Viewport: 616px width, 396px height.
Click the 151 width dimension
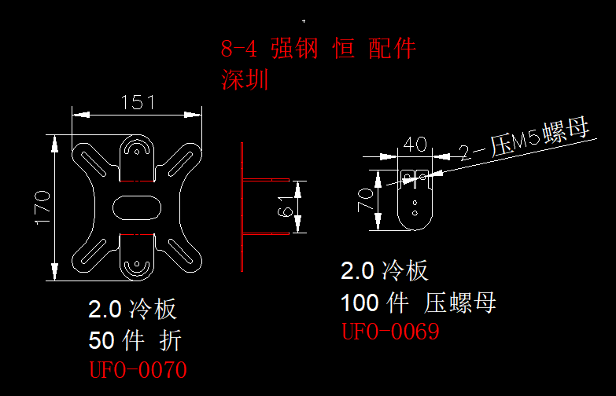[138, 103]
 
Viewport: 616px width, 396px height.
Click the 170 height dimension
[42, 207]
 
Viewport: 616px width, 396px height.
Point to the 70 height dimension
[366, 200]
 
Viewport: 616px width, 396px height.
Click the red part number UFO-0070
[138, 369]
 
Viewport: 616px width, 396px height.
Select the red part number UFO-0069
[389, 332]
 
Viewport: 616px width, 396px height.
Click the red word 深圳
[245, 79]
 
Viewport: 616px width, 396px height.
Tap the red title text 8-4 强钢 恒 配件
[318, 49]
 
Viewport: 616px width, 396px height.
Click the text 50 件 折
[135, 340]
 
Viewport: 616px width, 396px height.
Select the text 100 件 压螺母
[418, 302]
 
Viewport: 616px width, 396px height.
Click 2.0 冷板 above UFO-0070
[132, 310]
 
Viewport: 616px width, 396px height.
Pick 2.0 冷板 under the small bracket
[385, 271]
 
